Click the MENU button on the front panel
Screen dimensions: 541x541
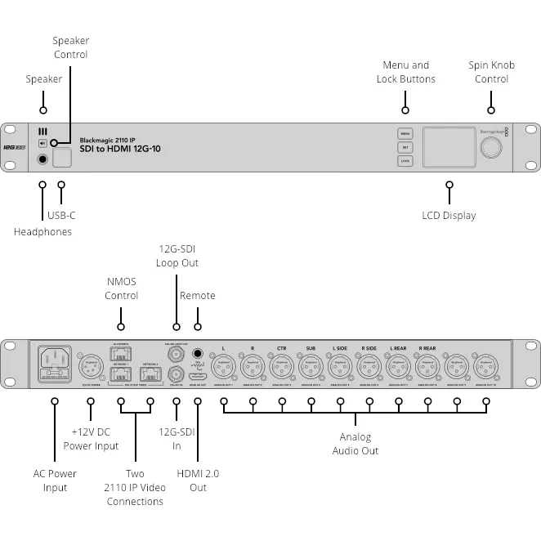[405, 133]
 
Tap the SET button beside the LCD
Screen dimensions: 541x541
[405, 147]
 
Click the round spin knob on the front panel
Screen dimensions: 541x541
[491, 147]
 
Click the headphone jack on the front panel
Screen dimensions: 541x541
[42, 159]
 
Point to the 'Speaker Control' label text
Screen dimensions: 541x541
[70, 47]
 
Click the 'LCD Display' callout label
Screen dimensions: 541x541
[449, 215]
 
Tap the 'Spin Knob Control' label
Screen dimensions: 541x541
[491, 72]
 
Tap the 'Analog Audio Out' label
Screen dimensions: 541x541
[355, 444]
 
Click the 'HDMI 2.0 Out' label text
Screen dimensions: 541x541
[198, 481]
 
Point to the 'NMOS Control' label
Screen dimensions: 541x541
[121, 288]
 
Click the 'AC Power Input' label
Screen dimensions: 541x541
[55, 481]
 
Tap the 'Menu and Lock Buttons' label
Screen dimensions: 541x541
[405, 72]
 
